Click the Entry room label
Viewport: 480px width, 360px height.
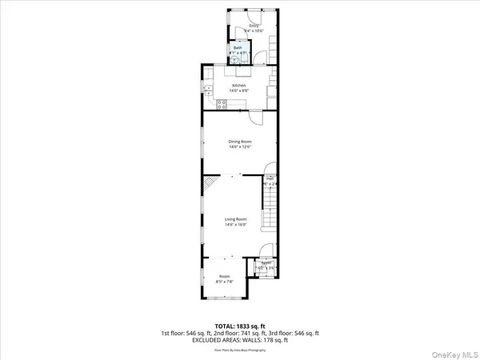254,26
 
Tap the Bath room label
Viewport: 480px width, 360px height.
238,48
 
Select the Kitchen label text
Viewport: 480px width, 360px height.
239,86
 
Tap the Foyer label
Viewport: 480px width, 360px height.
266,262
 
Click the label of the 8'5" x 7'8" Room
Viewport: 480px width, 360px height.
225,276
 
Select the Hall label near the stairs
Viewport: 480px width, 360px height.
270,178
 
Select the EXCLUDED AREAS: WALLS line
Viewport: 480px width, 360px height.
239,340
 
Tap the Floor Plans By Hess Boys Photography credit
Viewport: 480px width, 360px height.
239,350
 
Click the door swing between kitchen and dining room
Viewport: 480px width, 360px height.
255,117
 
